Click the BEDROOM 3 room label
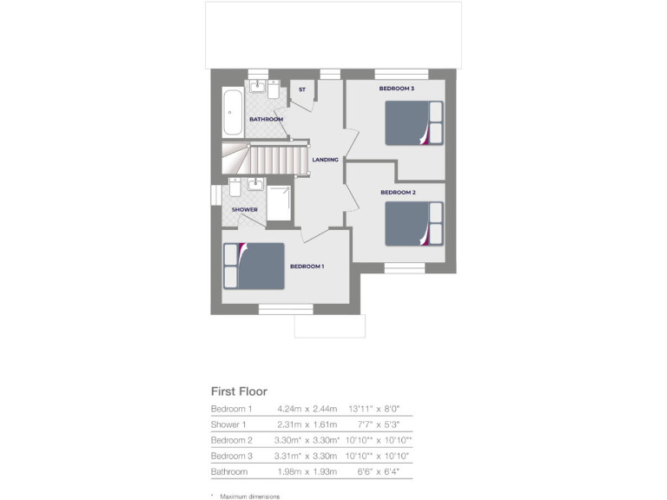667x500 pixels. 396,89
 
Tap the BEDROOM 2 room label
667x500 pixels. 398,192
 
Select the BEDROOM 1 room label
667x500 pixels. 307,266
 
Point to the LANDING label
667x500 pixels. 325,160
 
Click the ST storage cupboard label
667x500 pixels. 302,89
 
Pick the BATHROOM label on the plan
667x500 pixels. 266,119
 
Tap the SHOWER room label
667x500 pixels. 244,209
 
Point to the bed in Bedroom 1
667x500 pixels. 254,266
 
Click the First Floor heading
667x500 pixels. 239,391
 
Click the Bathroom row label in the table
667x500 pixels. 229,471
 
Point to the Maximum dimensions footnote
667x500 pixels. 248,496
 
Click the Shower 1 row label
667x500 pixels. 228,424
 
